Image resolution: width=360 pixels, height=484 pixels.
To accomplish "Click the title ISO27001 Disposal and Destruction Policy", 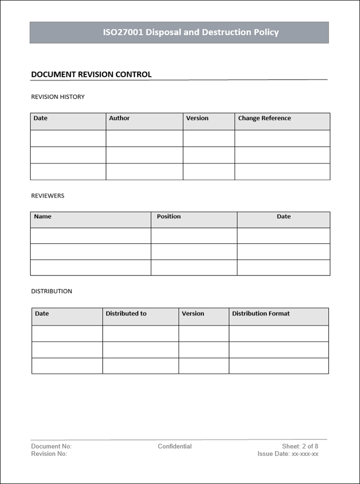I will tap(190, 33).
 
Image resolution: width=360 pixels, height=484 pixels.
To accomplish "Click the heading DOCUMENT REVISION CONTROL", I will tap(91, 75).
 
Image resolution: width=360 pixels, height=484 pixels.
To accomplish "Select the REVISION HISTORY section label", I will tap(58, 97).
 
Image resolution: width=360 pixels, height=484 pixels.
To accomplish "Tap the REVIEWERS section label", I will tap(48, 196).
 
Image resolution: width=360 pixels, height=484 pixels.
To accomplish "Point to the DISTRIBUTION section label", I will tap(52, 291).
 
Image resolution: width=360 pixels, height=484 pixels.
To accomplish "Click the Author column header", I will tap(119, 118).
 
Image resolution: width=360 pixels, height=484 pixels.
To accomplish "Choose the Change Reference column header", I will tap(264, 118).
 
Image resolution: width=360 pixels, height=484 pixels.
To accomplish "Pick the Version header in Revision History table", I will tap(197, 118).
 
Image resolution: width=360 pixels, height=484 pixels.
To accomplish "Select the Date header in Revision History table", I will tap(41, 118).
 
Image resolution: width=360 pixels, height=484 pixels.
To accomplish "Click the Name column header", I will tap(43, 216).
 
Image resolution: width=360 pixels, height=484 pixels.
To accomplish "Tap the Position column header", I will tap(169, 216).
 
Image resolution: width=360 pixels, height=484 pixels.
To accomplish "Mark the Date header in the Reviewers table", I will tap(284, 216).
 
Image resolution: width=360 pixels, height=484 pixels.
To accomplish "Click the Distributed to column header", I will tap(126, 314).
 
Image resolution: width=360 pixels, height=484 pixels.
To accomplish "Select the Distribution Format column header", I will tap(261, 314).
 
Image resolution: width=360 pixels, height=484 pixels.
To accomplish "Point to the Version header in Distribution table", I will tap(193, 314).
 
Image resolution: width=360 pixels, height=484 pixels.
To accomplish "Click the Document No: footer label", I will tap(52, 446).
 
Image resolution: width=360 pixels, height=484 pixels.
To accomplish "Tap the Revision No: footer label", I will tap(49, 453).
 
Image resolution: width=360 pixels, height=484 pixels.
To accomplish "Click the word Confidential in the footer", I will tap(175, 446).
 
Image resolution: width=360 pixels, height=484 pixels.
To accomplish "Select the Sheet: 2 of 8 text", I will tap(300, 446).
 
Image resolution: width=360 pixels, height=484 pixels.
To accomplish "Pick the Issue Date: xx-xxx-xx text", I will tap(288, 453).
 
